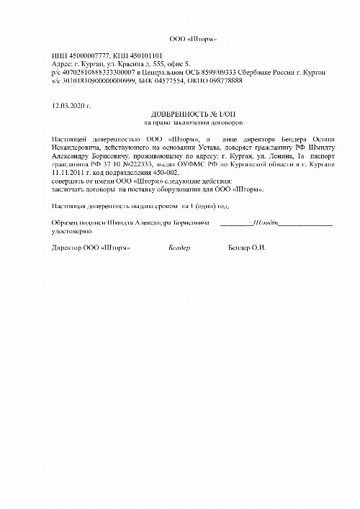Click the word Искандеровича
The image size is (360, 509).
coord(73,147)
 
